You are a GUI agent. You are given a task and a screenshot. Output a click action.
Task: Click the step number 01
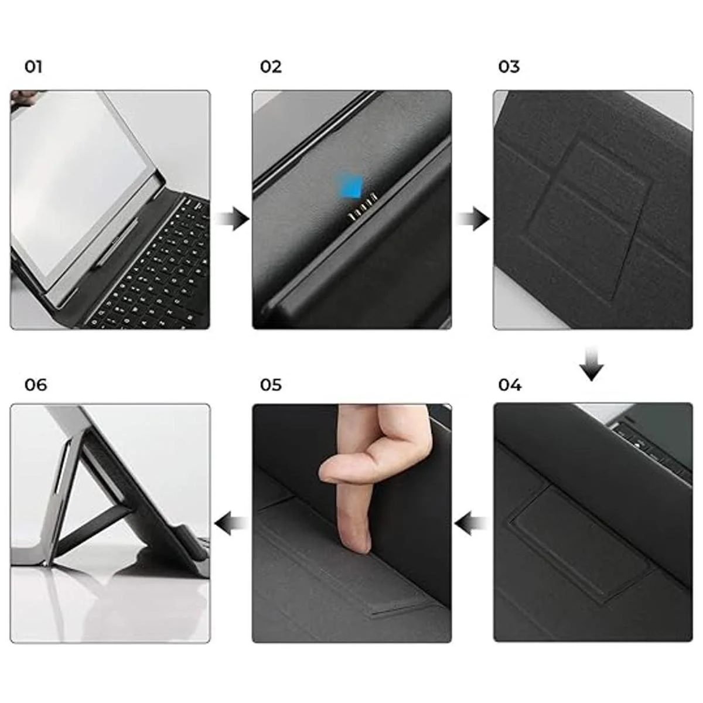click(33, 67)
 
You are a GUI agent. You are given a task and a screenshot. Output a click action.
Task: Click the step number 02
click(271, 67)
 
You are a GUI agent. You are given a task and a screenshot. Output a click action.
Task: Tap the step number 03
click(509, 67)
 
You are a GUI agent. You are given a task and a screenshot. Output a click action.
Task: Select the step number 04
click(510, 385)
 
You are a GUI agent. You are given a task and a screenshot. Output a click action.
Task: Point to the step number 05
click(271, 385)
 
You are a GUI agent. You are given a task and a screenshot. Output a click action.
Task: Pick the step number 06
click(36, 385)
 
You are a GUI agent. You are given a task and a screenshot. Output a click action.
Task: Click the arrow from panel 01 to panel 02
click(232, 219)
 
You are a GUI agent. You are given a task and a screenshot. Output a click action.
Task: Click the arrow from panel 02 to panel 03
click(472, 219)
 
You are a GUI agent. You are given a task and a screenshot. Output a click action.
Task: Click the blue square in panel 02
click(351, 187)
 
